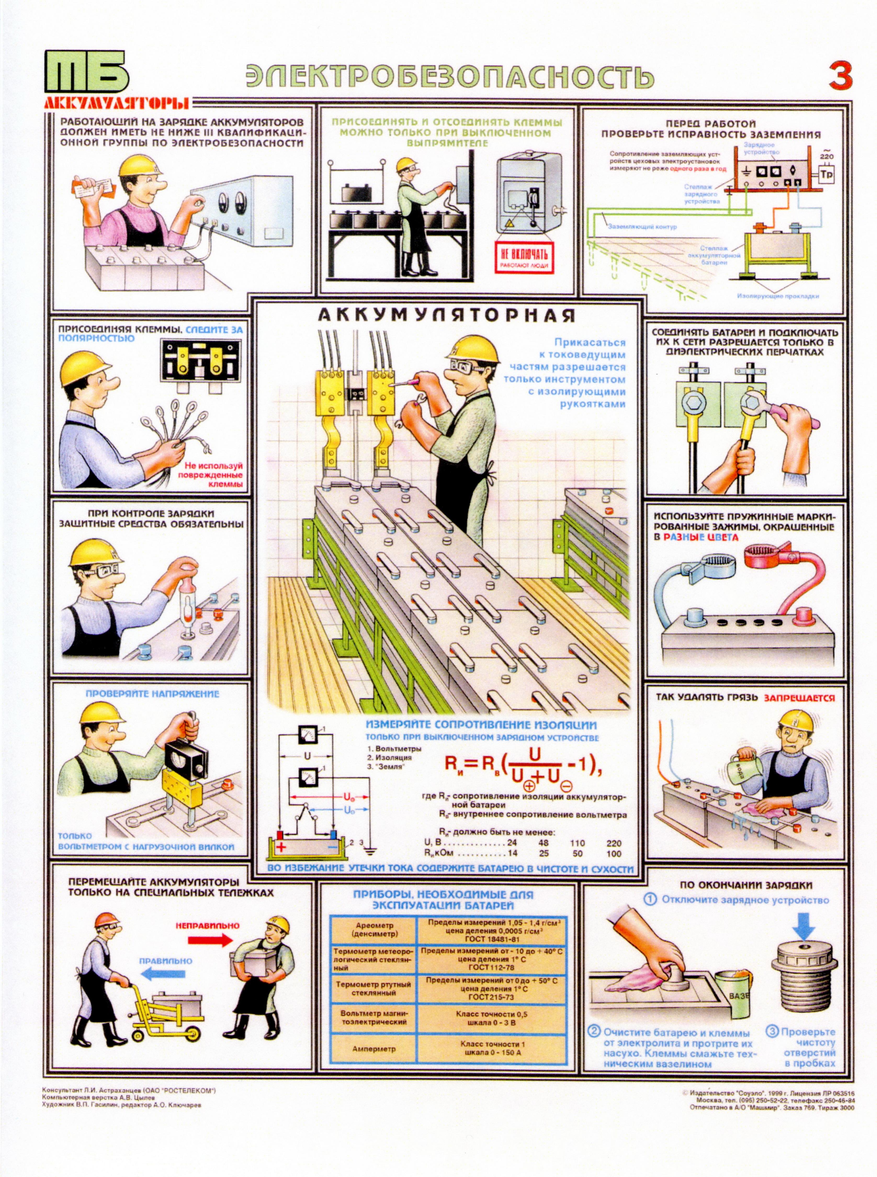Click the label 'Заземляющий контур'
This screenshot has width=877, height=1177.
point(642,227)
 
